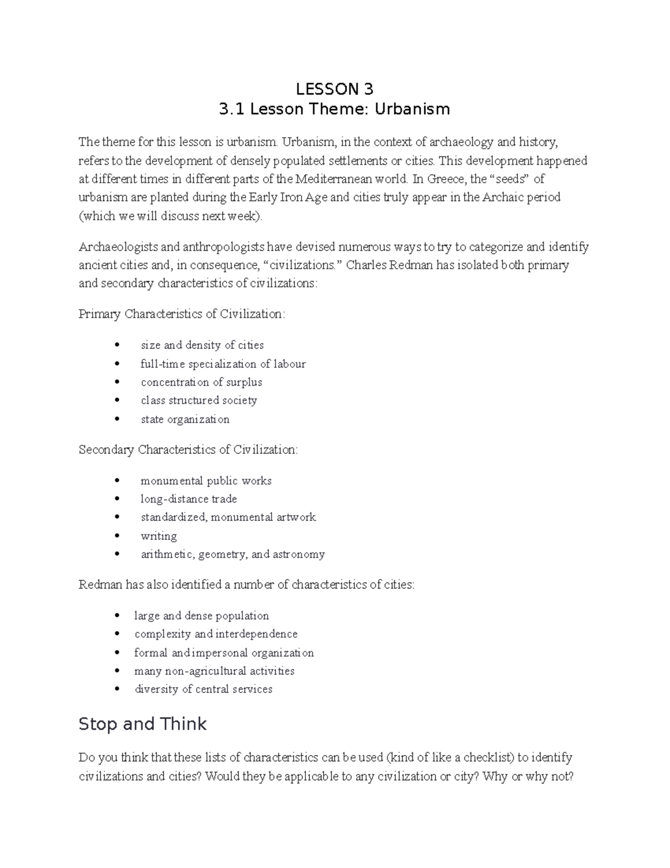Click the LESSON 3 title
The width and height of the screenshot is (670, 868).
(x=334, y=89)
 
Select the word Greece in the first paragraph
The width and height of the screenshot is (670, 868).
(x=448, y=179)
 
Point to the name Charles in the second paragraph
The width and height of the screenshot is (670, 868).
(x=365, y=265)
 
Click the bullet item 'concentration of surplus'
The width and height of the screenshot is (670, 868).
(x=201, y=382)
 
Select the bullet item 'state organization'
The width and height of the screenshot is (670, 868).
(x=185, y=419)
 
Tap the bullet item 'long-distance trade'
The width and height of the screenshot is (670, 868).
(x=189, y=499)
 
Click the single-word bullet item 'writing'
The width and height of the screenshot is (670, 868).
(x=159, y=536)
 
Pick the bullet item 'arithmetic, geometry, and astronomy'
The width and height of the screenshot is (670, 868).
(x=232, y=554)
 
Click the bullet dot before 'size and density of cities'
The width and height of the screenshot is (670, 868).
(x=117, y=345)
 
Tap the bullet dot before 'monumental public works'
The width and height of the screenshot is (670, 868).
(x=117, y=481)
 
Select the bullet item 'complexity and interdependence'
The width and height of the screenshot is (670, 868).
(x=216, y=634)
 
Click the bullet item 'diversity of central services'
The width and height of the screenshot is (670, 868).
(x=203, y=689)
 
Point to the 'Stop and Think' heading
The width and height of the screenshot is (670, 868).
(x=142, y=724)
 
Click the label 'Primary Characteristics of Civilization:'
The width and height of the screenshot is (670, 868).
(x=181, y=314)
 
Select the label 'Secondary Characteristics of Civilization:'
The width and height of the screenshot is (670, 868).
(x=188, y=450)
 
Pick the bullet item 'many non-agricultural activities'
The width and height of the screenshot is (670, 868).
(x=214, y=671)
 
